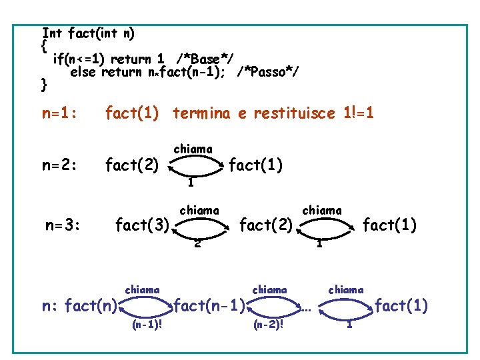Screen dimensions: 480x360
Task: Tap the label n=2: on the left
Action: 59,163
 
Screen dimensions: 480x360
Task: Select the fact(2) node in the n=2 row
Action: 132,163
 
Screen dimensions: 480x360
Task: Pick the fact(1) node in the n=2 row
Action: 256,163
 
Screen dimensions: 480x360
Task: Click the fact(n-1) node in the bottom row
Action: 208,307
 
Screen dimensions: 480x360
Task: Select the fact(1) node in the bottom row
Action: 401,307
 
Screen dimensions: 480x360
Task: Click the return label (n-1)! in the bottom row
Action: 148,325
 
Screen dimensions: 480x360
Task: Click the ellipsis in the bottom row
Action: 305,309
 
